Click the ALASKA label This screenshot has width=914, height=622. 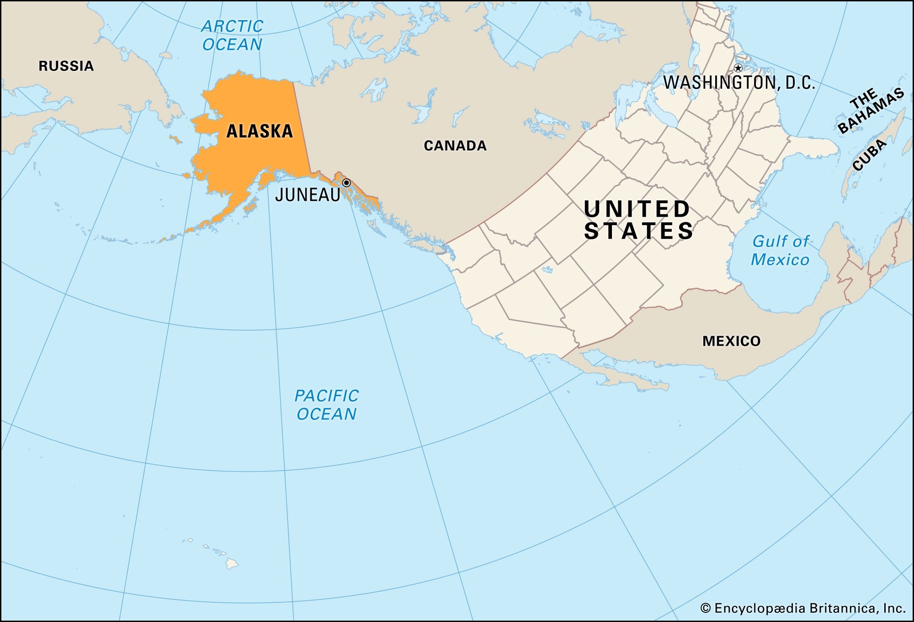260,131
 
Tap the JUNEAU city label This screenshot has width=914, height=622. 308,195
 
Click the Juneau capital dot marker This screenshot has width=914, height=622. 346,183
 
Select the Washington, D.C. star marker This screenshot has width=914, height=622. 738,68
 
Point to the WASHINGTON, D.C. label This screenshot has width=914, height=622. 739,83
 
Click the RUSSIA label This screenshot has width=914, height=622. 66,66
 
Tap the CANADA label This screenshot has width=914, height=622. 455,145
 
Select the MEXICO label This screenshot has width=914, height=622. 731,341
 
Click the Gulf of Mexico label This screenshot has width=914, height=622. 780,250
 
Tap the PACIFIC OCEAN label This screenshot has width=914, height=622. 326,405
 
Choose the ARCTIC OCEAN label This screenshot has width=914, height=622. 232,35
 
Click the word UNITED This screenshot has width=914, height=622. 637,209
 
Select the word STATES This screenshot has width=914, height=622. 639,231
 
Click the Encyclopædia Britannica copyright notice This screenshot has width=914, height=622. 802,608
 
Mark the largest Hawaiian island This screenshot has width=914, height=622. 232,564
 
